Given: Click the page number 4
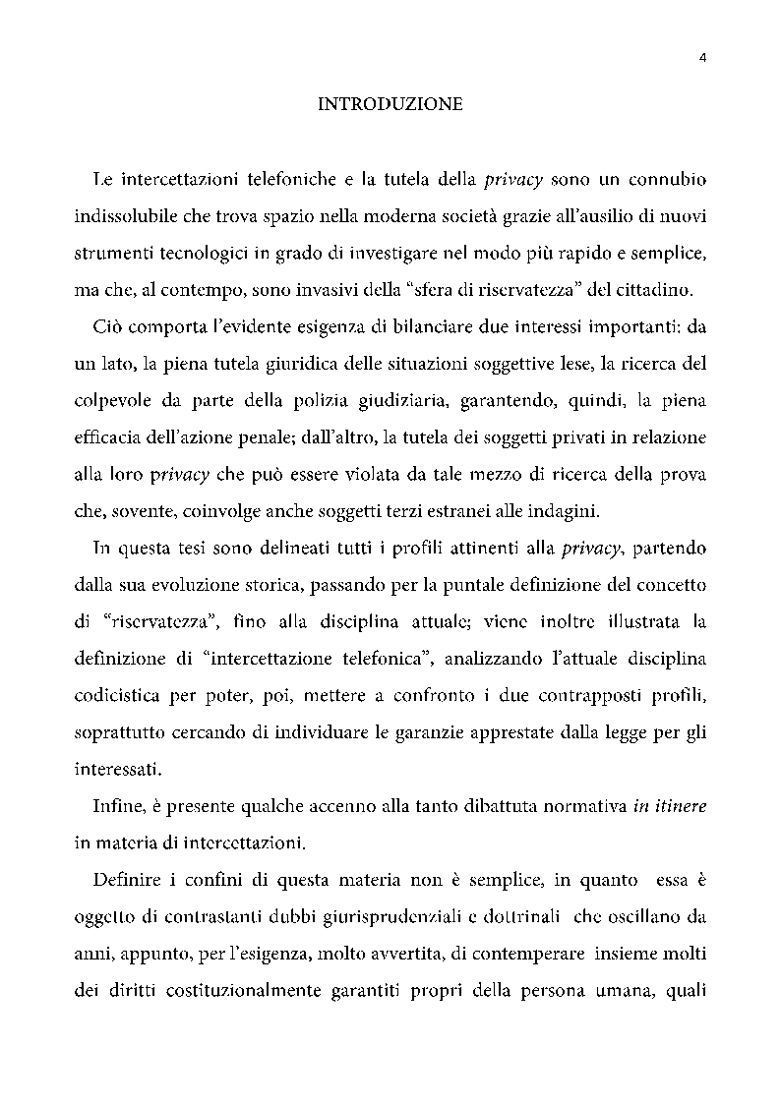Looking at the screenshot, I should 702,57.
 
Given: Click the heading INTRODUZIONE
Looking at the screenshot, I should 390,104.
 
